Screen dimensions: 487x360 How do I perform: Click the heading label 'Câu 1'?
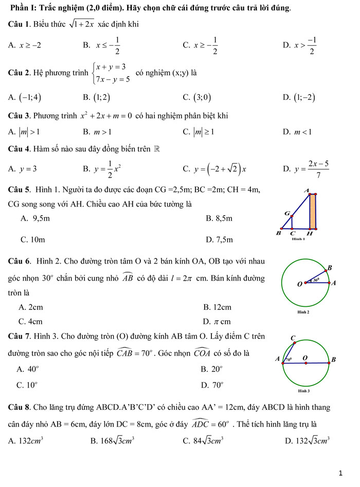tap(20, 25)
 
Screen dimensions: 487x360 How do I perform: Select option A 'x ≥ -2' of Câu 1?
tap(30, 45)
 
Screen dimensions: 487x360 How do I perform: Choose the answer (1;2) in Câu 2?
tap(101, 97)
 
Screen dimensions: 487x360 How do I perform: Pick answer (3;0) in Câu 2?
tap(201, 97)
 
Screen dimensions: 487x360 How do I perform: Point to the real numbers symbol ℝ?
tap(157, 150)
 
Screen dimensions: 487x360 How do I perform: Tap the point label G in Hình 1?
tap(286, 213)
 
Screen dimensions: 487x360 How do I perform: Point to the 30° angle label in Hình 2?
tap(317, 280)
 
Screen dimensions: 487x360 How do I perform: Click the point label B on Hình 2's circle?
tap(330, 267)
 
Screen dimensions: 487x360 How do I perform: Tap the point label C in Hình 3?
tap(293, 338)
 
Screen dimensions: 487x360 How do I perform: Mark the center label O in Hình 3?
tap(305, 357)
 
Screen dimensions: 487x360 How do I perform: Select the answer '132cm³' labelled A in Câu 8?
tap(31, 440)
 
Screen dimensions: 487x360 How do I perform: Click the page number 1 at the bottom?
tap(341, 473)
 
